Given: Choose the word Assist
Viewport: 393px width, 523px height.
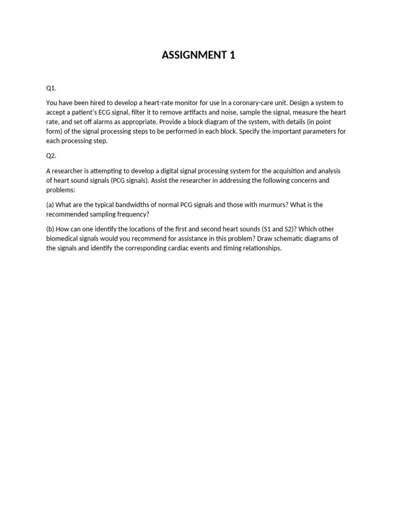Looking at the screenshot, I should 162,181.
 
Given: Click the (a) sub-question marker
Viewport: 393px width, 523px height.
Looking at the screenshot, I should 51,205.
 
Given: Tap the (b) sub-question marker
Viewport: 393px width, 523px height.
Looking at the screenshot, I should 51,229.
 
